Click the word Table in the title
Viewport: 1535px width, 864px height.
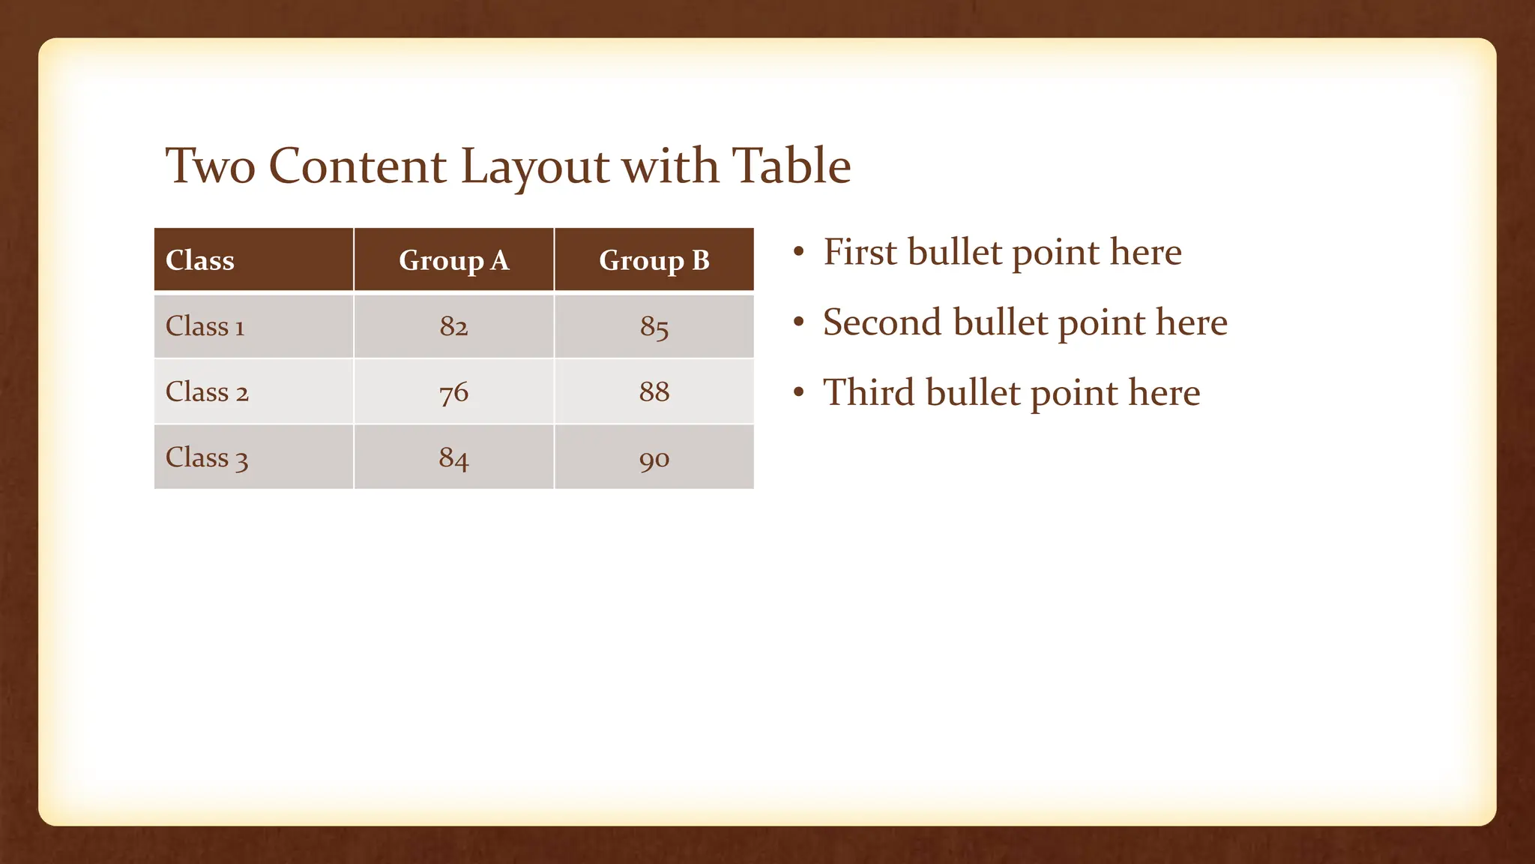point(791,166)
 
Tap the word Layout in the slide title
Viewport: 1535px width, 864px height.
point(534,167)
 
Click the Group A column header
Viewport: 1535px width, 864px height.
point(453,260)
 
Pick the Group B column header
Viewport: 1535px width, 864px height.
point(654,260)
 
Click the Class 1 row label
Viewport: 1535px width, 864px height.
point(205,326)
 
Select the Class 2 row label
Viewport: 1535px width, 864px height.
point(207,391)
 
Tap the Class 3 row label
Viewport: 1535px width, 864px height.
point(207,457)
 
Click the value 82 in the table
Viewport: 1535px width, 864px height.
point(453,326)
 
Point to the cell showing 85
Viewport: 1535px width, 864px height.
point(654,326)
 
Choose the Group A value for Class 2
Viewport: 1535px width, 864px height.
point(453,391)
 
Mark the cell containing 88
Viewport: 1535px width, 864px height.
point(654,391)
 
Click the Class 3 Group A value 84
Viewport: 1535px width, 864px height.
point(453,457)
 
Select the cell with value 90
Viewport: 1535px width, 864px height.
point(654,458)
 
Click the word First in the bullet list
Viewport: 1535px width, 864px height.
point(859,252)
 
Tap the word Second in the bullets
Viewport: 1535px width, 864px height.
point(882,322)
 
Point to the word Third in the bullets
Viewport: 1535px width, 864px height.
point(869,392)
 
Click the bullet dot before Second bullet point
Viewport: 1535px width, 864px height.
point(799,322)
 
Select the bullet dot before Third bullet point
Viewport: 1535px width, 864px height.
point(799,392)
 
